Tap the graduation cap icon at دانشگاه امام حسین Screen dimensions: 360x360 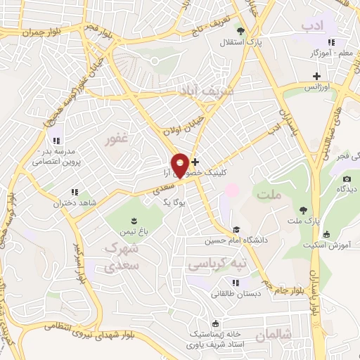(237, 229)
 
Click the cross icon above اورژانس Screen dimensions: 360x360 (317, 75)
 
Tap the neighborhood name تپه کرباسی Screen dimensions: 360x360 (219, 263)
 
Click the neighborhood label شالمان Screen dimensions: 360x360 (274, 336)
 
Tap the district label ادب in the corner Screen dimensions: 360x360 (311, 26)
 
